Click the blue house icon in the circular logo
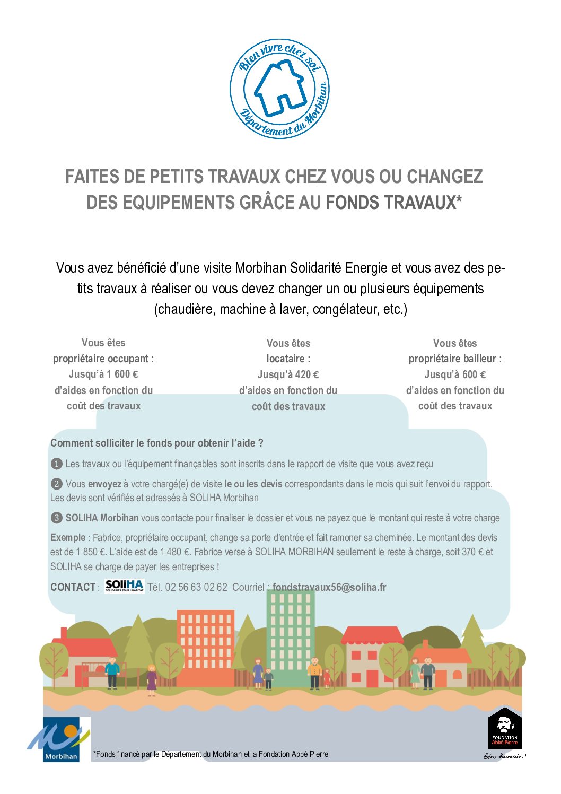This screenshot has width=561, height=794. (x=279, y=88)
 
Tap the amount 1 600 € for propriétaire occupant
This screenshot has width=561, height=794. (x=122, y=374)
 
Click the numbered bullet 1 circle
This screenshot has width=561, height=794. (x=56, y=464)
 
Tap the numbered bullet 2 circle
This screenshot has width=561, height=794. (x=56, y=484)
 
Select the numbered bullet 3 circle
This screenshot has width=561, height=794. (x=56, y=518)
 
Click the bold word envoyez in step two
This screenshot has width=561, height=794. (x=104, y=484)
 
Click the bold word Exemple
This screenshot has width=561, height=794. (x=67, y=538)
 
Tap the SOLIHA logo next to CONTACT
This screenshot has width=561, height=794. (x=124, y=586)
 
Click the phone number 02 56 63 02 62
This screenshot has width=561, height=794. (x=196, y=587)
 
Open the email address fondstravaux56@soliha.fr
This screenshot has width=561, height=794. (x=329, y=587)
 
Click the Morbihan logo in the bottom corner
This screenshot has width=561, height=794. (x=60, y=739)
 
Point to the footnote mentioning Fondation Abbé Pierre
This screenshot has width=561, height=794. (x=211, y=754)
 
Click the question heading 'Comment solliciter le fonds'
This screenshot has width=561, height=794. (x=156, y=443)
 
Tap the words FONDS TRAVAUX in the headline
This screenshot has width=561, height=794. (x=393, y=203)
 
